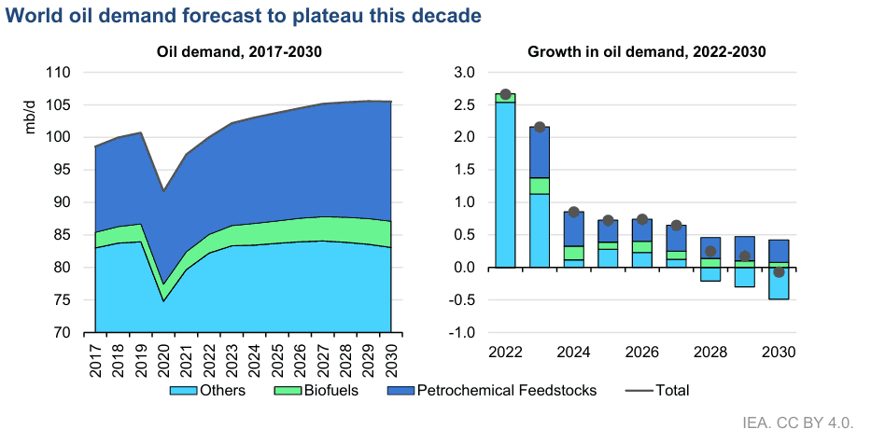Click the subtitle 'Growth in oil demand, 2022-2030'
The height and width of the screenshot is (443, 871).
coord(646,52)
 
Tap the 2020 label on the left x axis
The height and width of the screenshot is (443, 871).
coord(164,359)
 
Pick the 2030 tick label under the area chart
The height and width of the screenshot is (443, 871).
coord(392,359)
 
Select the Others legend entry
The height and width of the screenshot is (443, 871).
coord(211,390)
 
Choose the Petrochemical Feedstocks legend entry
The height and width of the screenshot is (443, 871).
coord(496,390)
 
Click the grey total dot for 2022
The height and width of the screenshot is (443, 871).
coord(505,94)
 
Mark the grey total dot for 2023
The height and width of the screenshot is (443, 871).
coord(540,127)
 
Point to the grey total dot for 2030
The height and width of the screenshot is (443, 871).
coord(779,271)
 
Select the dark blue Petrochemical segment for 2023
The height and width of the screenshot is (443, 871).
coord(540,152)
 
